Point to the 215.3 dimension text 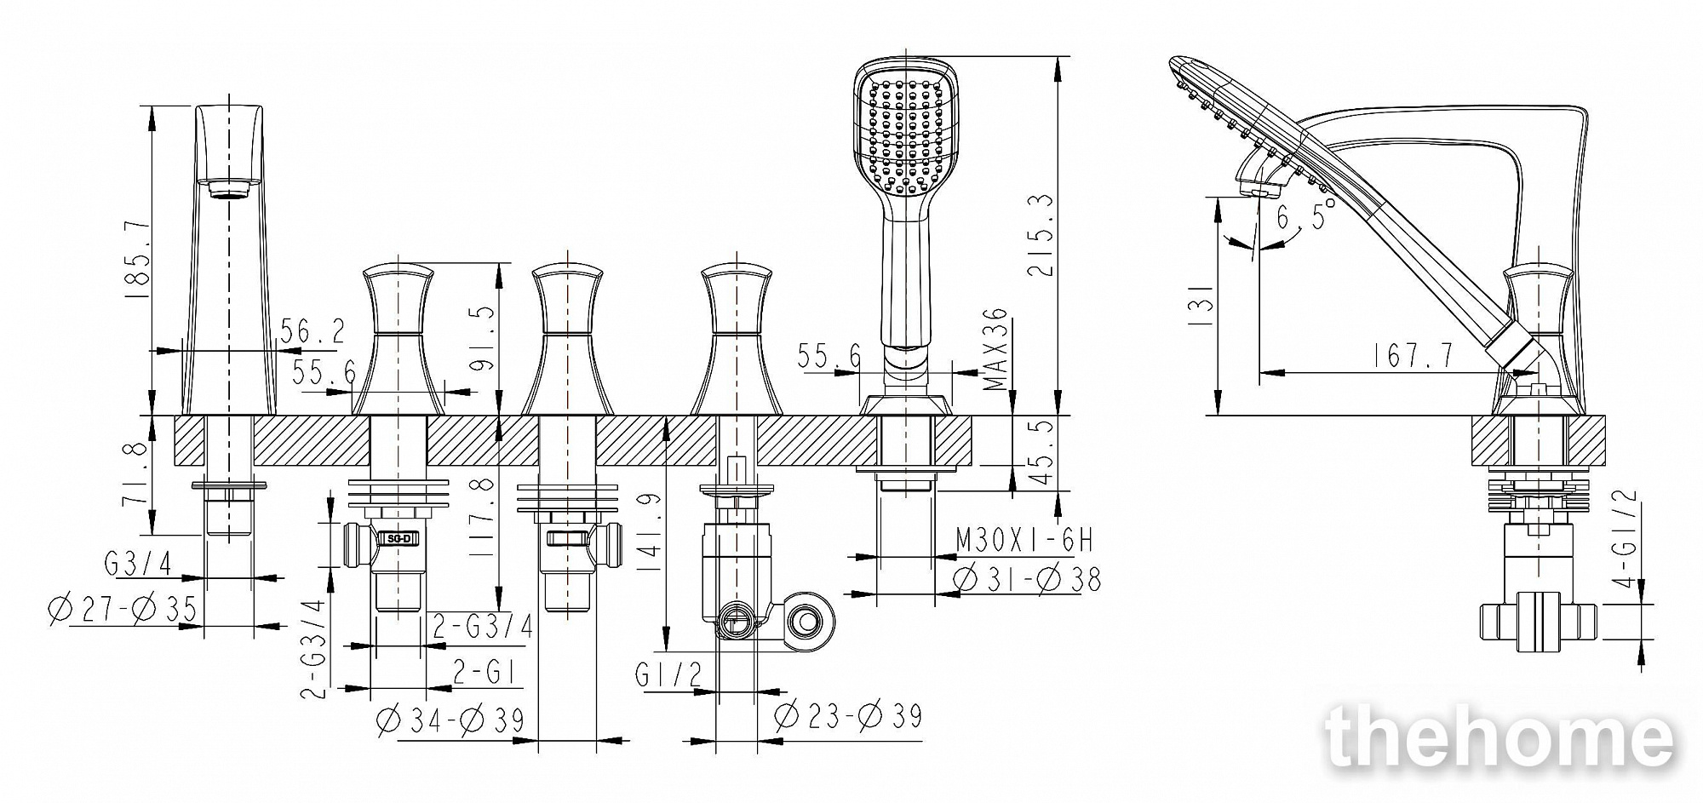click(x=1041, y=236)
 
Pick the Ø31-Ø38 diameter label click(x=1029, y=579)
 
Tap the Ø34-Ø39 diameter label click(x=450, y=720)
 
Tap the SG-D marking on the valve click(x=399, y=538)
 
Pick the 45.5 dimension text click(x=1041, y=452)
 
